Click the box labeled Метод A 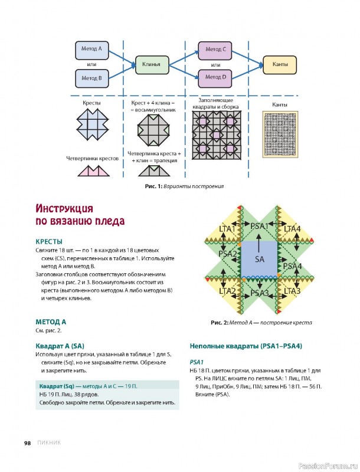tap(91, 49)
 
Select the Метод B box tap(91, 77)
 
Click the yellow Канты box tap(280, 63)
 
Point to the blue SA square tap(260, 259)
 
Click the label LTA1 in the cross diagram tap(227, 228)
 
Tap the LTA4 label tap(292, 228)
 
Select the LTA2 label tap(227, 291)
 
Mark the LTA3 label tap(292, 291)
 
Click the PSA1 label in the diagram tap(260, 226)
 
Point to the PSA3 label tap(260, 293)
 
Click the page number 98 tap(27, 443)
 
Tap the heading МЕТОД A tap(51, 322)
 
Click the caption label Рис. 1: tap(153, 186)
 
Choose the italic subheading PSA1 tap(197, 362)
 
